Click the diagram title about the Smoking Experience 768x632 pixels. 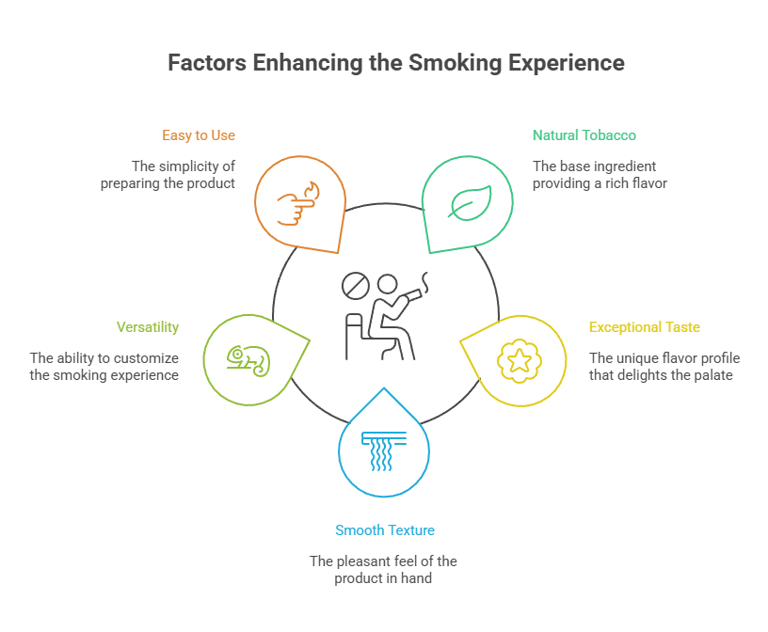(395, 63)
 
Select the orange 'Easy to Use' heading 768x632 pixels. (198, 135)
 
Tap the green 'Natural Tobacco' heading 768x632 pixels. (584, 135)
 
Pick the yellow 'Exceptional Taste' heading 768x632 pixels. (644, 327)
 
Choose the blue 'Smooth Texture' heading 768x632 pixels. (384, 530)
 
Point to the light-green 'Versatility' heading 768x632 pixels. (148, 327)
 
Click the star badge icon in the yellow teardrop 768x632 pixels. (517, 359)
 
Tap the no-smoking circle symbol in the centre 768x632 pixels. (355, 282)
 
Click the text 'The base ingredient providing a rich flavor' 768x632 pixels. (600, 175)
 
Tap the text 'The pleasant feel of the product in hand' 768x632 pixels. (383, 570)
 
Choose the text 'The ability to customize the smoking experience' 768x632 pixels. (104, 367)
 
